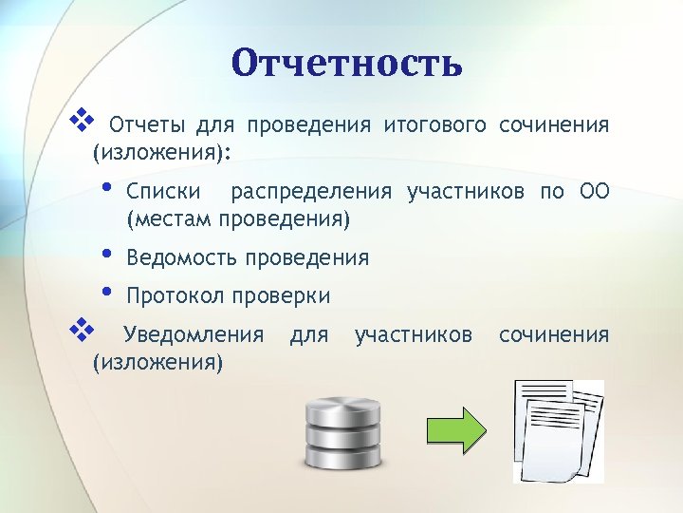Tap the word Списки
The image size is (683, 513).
[163, 193]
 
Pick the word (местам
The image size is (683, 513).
[168, 220]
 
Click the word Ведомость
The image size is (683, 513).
[181, 257]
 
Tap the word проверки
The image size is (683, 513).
[284, 295]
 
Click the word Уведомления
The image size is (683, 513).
[194, 334]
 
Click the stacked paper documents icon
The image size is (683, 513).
[558, 429]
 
